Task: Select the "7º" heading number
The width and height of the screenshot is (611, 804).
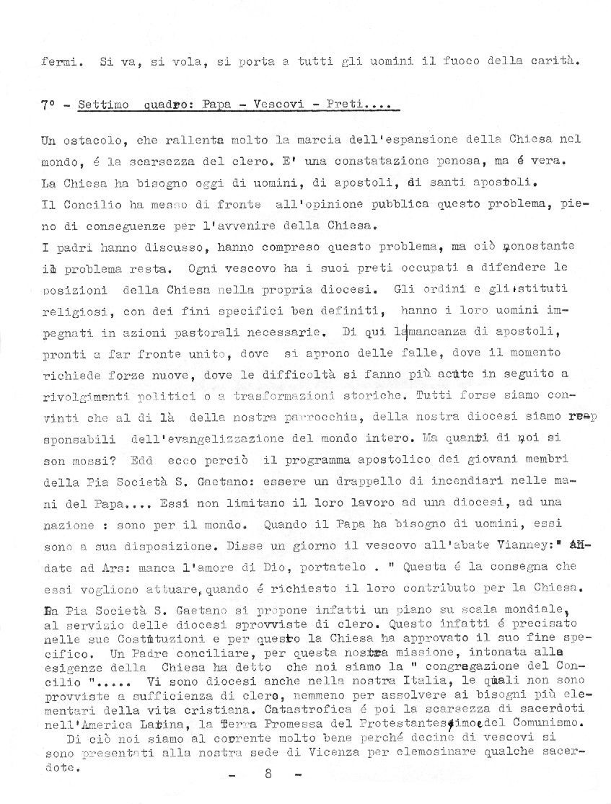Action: tap(48, 105)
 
